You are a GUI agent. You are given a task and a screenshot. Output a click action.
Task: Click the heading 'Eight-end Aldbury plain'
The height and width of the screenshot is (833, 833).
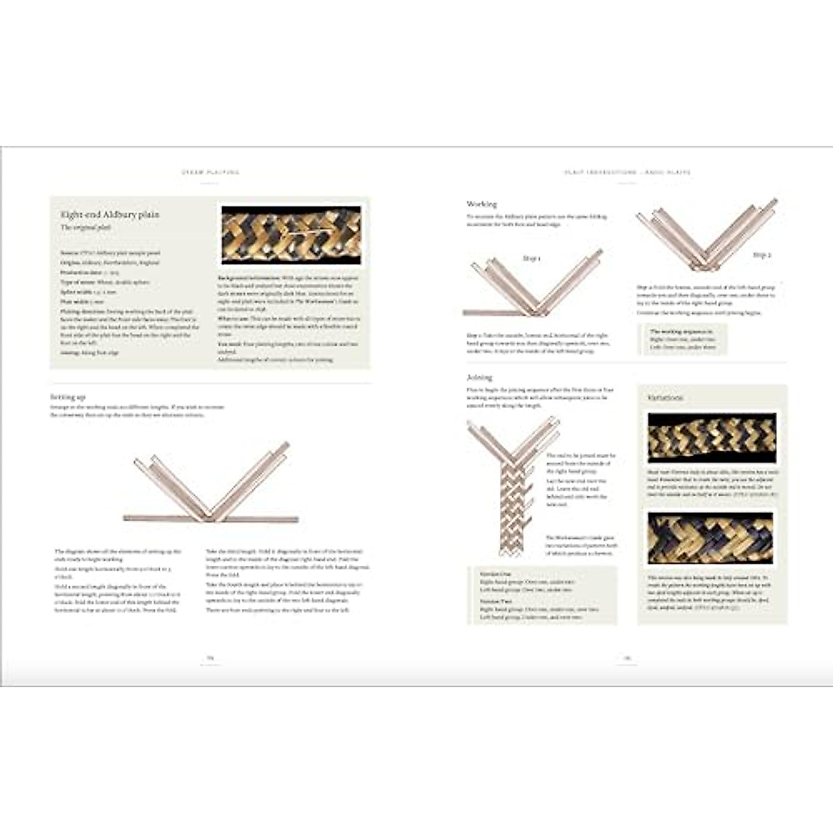click(x=110, y=214)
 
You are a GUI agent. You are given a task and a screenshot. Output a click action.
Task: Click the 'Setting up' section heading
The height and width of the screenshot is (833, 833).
click(x=67, y=397)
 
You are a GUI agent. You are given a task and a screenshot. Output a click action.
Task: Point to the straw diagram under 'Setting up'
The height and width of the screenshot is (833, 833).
click(x=212, y=483)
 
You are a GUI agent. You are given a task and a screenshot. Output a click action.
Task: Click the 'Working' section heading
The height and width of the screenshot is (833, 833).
click(x=482, y=204)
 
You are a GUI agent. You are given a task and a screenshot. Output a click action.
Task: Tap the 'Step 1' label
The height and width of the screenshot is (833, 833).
click(x=532, y=258)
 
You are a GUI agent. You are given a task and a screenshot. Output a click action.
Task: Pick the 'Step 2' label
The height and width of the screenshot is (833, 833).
click(x=762, y=255)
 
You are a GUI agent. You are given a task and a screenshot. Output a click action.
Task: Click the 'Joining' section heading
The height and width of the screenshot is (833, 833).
click(x=479, y=378)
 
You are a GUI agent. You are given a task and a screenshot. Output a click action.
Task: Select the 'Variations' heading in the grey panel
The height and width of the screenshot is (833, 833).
click(x=665, y=398)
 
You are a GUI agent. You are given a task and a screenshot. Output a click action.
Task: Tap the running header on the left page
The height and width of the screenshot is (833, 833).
click(x=210, y=172)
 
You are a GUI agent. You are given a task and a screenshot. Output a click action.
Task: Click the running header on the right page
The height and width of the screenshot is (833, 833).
click(x=627, y=172)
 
